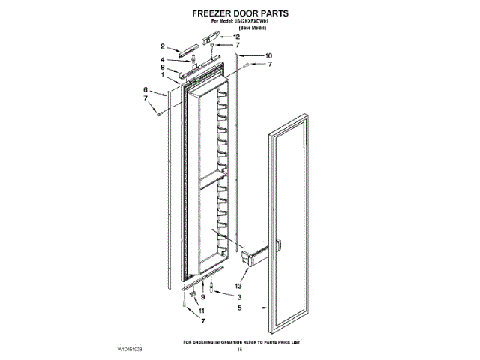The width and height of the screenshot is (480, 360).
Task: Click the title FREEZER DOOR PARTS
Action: (x=240, y=13)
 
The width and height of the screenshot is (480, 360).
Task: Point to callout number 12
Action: (x=236, y=37)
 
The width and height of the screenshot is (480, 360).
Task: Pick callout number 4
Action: (x=163, y=59)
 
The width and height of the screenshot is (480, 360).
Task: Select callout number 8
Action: (x=163, y=67)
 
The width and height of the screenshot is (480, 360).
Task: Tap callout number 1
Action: (x=163, y=75)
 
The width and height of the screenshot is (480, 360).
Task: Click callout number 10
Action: (x=268, y=55)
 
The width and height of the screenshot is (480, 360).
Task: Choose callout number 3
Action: (x=238, y=298)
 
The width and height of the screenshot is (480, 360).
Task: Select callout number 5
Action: (x=238, y=307)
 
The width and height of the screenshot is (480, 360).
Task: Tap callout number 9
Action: (x=202, y=298)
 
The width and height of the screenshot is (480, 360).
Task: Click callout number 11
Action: (x=201, y=310)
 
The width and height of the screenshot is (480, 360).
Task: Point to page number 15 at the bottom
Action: (x=240, y=349)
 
